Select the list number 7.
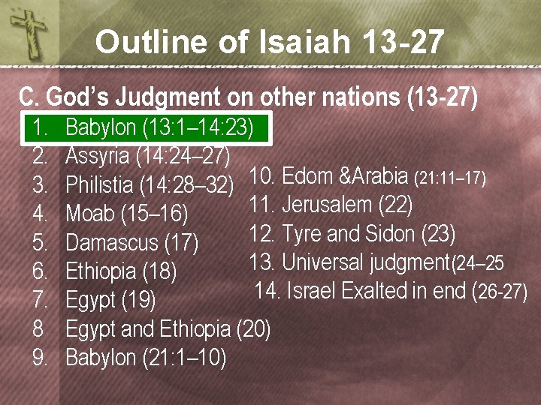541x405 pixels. [41, 301]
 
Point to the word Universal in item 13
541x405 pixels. [323, 262]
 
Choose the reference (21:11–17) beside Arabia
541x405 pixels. [451, 178]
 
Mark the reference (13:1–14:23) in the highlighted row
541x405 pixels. [198, 127]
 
